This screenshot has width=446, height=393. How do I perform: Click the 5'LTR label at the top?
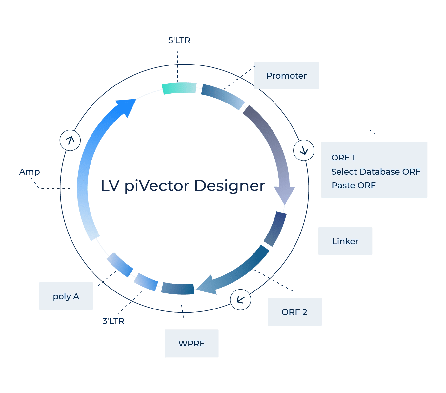[179, 41]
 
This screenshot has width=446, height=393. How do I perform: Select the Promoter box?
[286, 76]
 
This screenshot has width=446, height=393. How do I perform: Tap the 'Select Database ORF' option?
[375, 172]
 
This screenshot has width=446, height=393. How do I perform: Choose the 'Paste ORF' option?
[354, 185]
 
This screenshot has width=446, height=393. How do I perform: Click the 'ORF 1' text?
[343, 158]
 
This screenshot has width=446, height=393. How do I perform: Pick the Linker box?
[345, 241]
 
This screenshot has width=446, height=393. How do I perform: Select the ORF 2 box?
[294, 312]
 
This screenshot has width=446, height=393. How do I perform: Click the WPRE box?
[192, 344]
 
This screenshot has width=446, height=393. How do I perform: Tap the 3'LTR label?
[113, 321]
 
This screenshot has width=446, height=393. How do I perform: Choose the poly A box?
[66, 296]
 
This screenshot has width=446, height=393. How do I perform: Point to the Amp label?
[30, 172]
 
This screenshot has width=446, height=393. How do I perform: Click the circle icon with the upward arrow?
[70, 140]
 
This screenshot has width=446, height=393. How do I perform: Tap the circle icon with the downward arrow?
[304, 151]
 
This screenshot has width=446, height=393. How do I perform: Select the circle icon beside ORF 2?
[240, 300]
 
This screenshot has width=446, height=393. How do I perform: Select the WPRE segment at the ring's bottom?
[178, 288]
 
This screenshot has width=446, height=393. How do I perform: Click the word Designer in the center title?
[230, 186]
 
